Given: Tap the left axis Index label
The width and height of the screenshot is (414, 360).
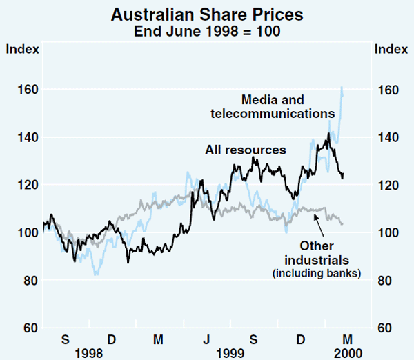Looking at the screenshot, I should point(23,49).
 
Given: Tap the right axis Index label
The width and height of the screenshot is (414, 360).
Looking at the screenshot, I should point(390,49).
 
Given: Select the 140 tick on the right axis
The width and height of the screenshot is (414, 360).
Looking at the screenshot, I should point(387,137).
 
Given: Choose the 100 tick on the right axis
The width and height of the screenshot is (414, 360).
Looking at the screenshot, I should point(387,232).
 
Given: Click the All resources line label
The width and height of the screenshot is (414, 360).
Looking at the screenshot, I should point(245,150).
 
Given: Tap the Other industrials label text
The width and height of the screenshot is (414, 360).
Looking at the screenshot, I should point(317,253).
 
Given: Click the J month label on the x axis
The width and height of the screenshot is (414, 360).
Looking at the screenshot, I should point(206,339).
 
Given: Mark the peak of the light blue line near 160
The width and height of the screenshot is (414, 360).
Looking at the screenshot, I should point(342,87).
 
